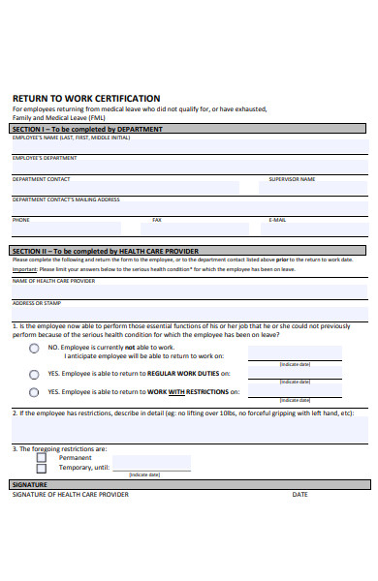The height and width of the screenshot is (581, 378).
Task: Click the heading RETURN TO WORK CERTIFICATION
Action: click(86, 98)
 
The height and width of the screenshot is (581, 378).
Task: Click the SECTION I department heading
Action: click(87, 129)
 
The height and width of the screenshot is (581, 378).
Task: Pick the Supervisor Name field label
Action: click(292, 179)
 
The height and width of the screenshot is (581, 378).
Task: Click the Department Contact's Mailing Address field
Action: click(189, 208)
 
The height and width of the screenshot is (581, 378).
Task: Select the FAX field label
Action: click(157, 220)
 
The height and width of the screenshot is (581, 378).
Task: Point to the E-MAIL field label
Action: click(277, 220)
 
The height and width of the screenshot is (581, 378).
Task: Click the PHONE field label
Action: click(20, 220)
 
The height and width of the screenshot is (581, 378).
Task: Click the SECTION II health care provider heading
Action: click(105, 251)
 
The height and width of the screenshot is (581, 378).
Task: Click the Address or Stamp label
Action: click(28, 303)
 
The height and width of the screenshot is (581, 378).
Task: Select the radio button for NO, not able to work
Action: click(34, 349)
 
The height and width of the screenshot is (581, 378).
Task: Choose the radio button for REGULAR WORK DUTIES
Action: click(34, 373)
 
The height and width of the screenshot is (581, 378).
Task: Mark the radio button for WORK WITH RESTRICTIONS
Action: click(34, 392)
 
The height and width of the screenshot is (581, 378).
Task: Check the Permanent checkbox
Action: click(54, 457)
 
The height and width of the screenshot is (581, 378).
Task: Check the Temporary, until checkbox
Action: click(54, 467)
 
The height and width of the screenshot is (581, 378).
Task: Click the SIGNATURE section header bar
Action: click(189, 483)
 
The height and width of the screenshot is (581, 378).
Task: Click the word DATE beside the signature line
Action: click(300, 494)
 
